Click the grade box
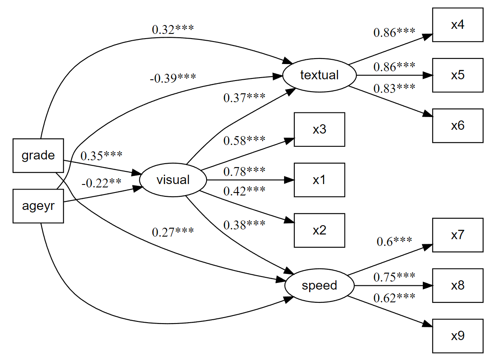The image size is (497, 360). point(38,156)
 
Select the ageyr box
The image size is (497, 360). point(38,207)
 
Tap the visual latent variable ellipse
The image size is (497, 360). point(173,180)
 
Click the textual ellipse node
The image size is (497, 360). point(319,75)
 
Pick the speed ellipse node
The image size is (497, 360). point(319,285)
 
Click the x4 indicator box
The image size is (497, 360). point(458,25)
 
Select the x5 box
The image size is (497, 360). point(458,75)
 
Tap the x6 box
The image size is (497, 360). point(458,126)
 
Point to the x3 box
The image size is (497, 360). point(319,129)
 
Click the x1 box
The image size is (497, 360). point(319,180)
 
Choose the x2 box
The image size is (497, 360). point(319,230)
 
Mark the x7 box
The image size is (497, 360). point(458,235)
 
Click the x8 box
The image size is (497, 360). point(458,285)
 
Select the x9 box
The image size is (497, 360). point(458,336)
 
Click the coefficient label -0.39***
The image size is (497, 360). point(173,78)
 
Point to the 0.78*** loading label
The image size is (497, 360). point(244,171)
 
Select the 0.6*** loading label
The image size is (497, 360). point(394,241)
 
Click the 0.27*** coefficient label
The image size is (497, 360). point(173,232)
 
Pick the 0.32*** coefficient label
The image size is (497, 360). point(173,30)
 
